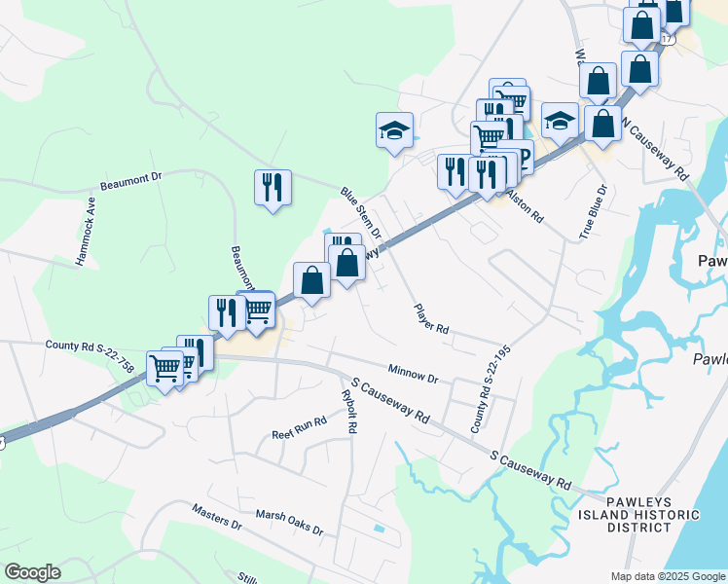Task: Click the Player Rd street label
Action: pyautogui.click(x=430, y=317)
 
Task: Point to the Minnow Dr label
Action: pyautogui.click(x=414, y=372)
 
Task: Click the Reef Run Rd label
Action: pyautogui.click(x=299, y=429)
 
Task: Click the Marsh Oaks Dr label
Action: pyautogui.click(x=289, y=522)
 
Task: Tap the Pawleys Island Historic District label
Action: pyautogui.click(x=638, y=514)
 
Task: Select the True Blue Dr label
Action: pyautogui.click(x=593, y=212)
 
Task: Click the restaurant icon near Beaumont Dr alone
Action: pyautogui.click(x=273, y=187)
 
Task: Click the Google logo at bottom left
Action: pyautogui.click(x=32, y=572)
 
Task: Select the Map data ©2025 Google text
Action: pyautogui.click(x=667, y=576)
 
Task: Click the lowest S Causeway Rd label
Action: pyautogui.click(x=530, y=468)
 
